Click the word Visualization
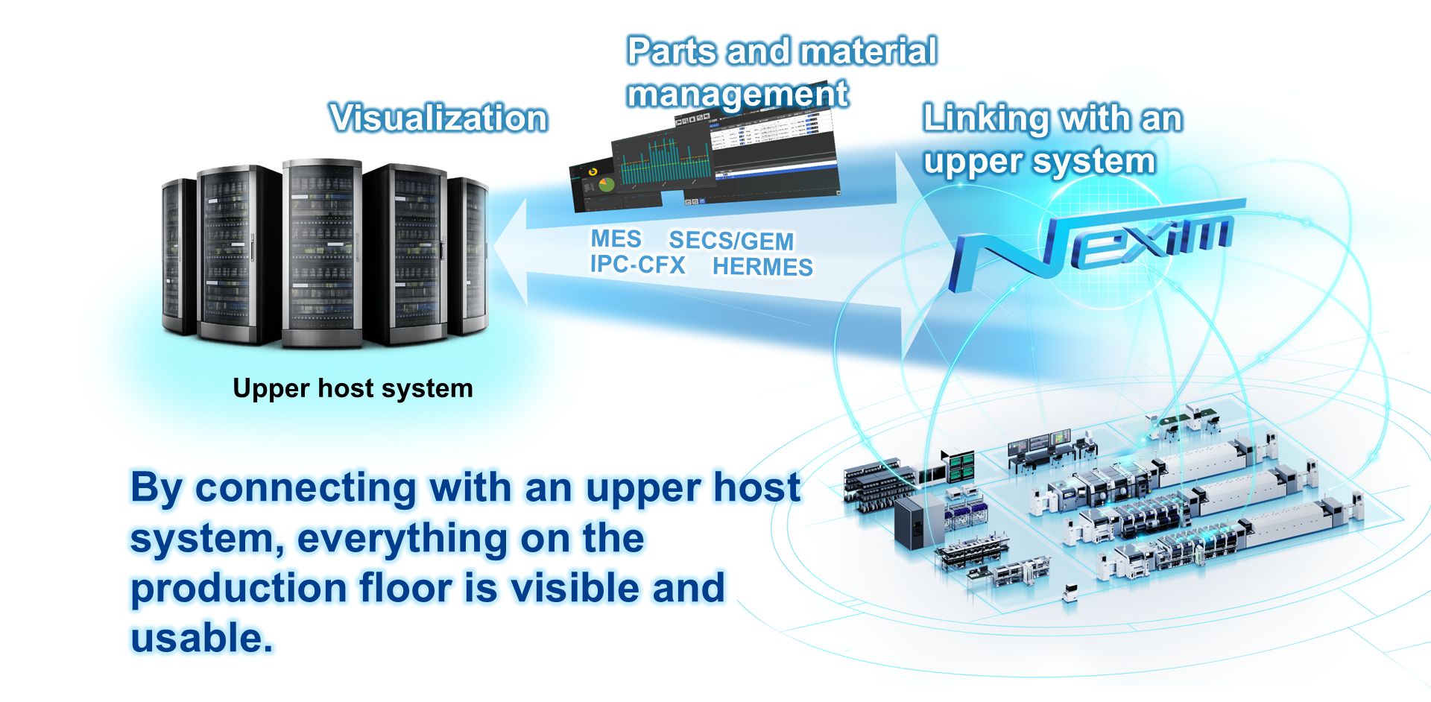(438, 118)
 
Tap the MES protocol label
(616, 238)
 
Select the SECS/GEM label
(730, 241)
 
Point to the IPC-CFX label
(637, 265)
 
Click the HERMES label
(762, 267)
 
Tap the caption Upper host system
(353, 388)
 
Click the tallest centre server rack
(322, 253)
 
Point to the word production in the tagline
(238, 589)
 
